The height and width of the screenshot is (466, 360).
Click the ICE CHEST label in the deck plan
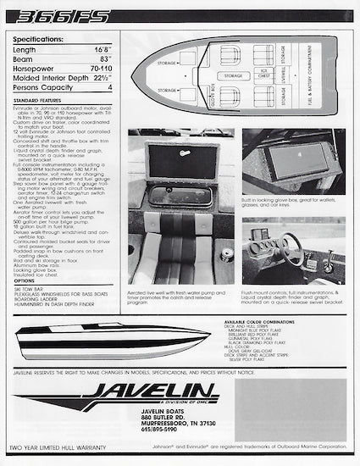click(x=263, y=72)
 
